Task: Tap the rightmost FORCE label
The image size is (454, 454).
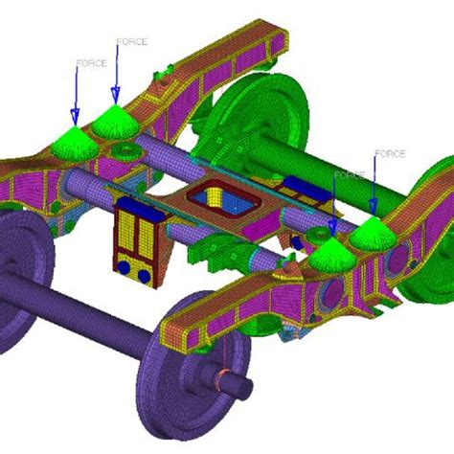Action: [389, 153]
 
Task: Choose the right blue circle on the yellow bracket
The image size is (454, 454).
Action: [143, 275]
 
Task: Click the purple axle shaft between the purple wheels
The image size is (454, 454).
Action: [86, 312]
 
